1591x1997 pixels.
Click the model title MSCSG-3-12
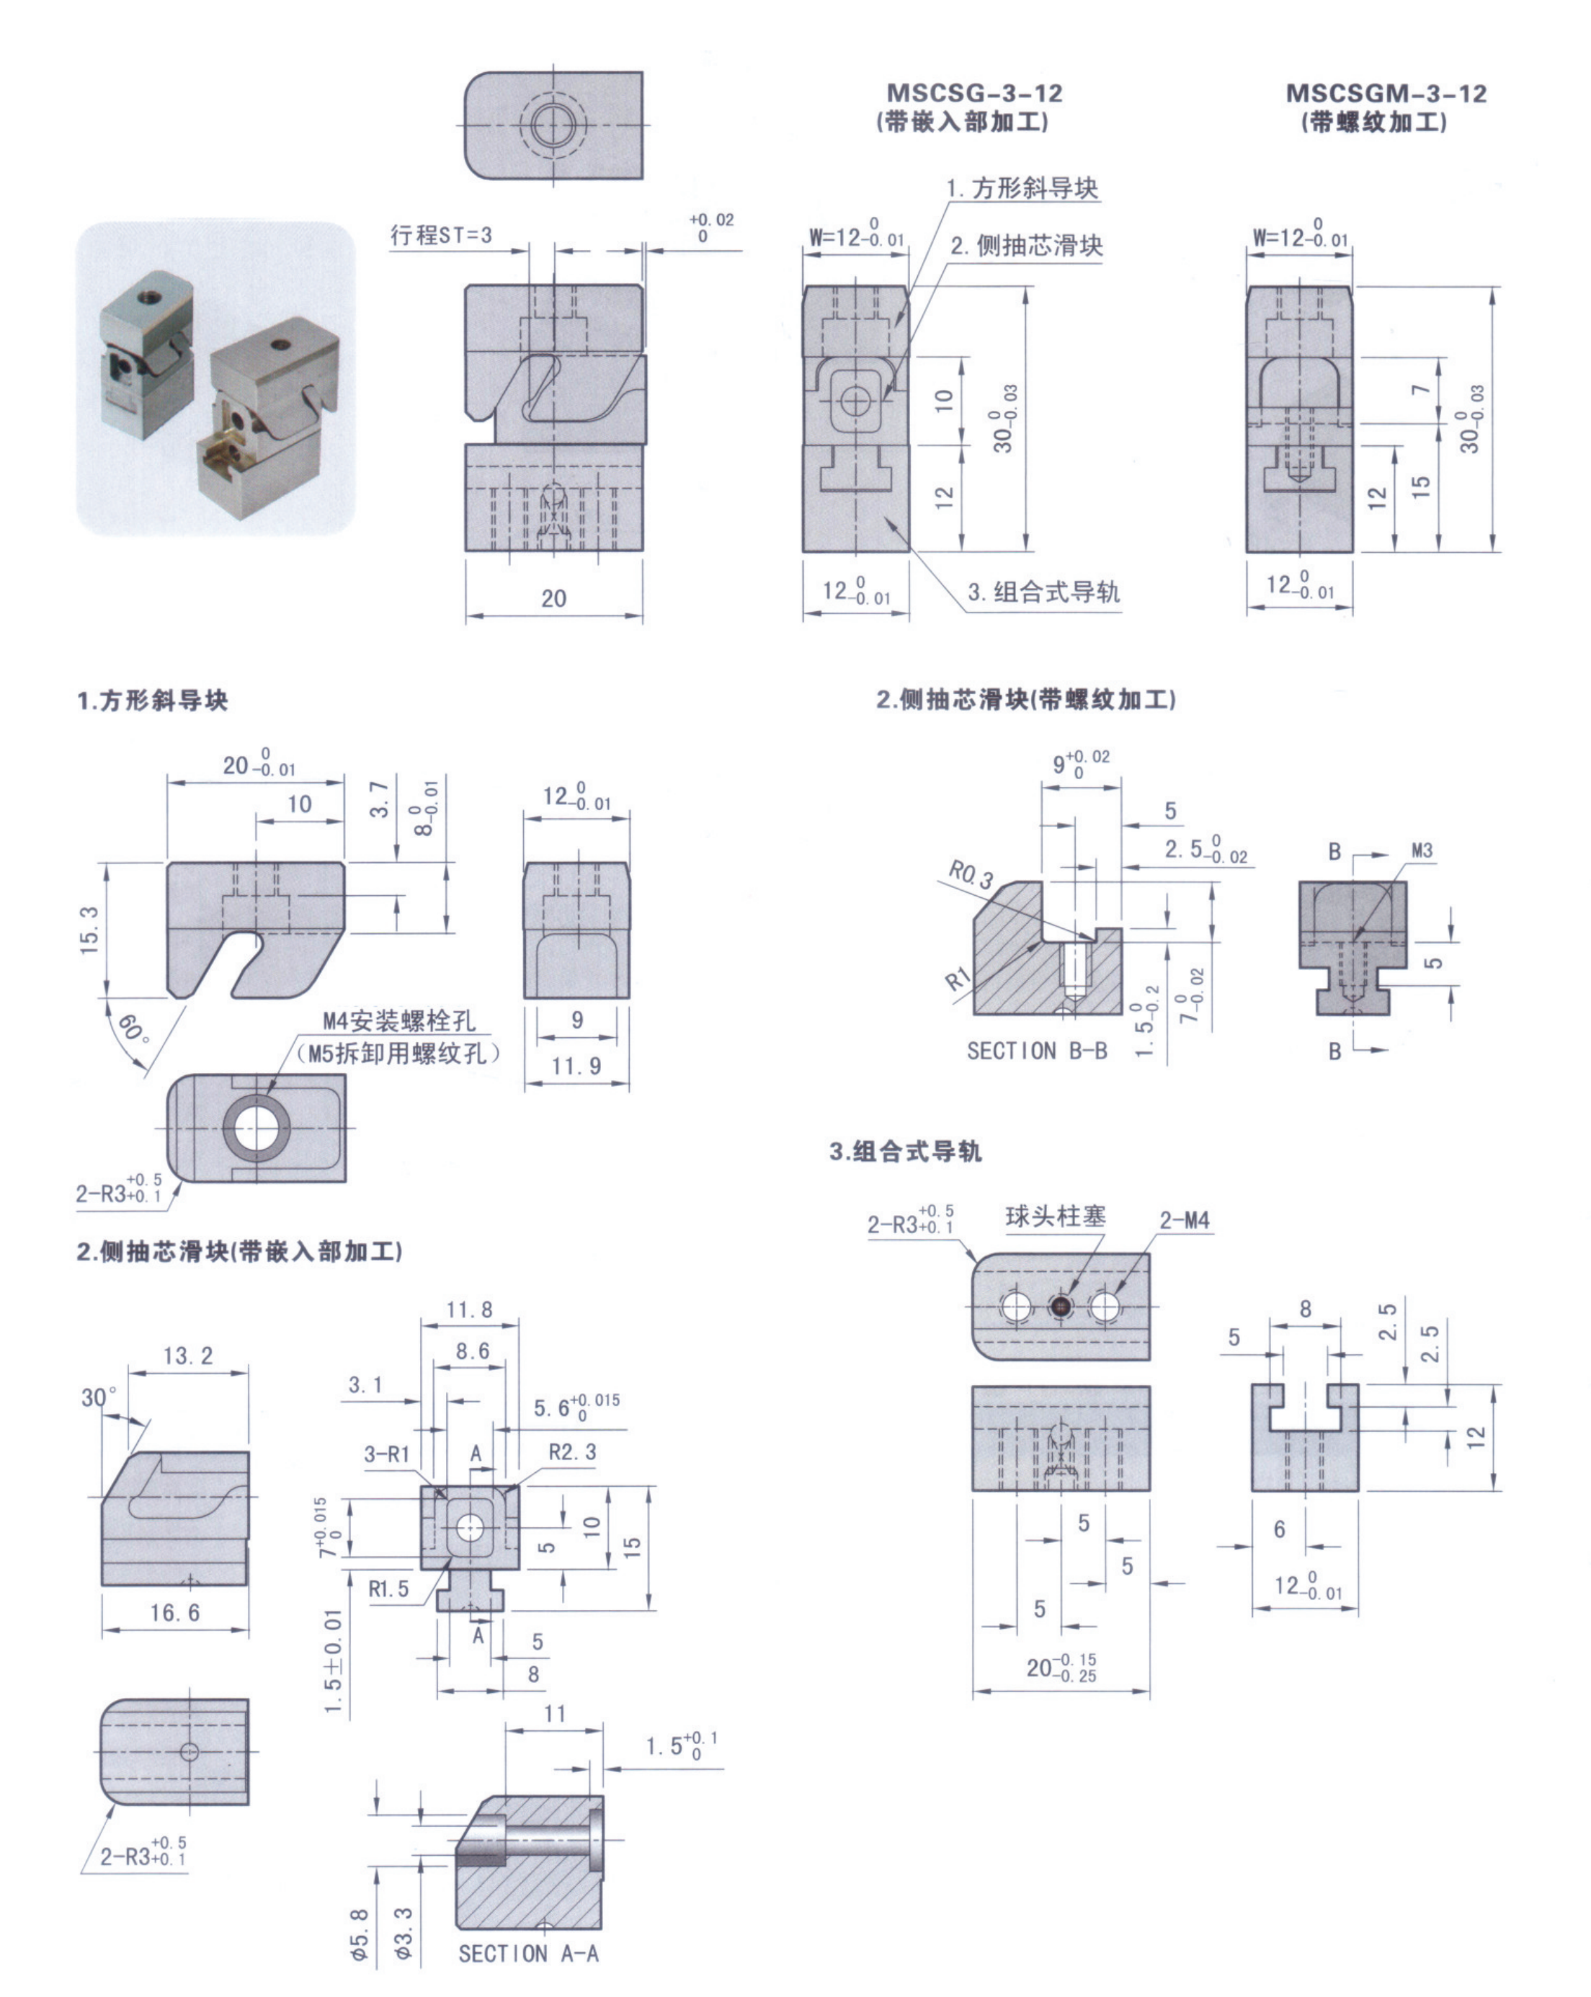point(974,94)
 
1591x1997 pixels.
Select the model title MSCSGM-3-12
point(1386,94)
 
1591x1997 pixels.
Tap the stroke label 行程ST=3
point(441,235)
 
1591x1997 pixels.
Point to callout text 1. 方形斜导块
point(1022,189)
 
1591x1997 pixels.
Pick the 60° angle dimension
point(133,1029)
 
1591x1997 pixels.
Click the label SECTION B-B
point(1036,1051)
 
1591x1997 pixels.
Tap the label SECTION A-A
point(528,1954)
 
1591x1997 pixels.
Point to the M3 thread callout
point(1422,850)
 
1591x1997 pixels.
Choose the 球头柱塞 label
point(1056,1217)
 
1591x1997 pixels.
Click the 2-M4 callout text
point(1185,1221)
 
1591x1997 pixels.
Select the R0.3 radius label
point(971,873)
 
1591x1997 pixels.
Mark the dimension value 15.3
point(89,929)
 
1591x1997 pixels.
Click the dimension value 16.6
point(175,1613)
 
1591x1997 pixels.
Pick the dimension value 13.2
point(188,1356)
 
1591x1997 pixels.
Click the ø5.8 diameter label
point(360,1934)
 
